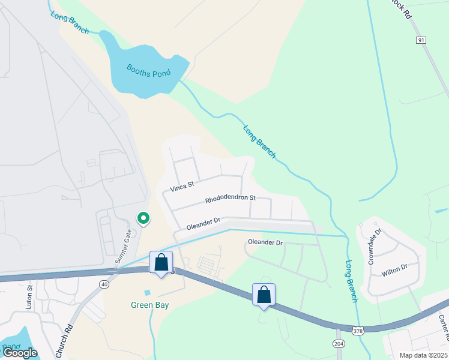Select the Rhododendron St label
tap(231, 197)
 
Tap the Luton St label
tap(29, 296)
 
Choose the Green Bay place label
tap(150, 305)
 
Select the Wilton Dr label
tap(395, 271)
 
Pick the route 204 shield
tap(339, 343)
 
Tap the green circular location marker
tap(143, 218)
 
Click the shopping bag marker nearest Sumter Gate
tap(161, 262)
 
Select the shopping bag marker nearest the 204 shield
tap(264, 295)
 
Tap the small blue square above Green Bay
tap(148, 292)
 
